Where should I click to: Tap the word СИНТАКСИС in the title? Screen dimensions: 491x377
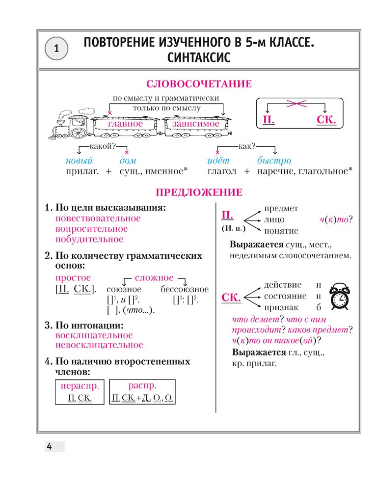[x=198, y=57]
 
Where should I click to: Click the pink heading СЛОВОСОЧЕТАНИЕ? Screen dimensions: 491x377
[x=199, y=84]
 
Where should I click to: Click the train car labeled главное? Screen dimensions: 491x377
[x=125, y=125]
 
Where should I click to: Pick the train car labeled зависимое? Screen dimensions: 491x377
[x=196, y=125]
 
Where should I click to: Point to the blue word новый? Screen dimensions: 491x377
[x=79, y=161]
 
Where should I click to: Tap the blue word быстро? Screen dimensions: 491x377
[x=274, y=161]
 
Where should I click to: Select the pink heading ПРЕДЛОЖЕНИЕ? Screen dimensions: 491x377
[x=198, y=192]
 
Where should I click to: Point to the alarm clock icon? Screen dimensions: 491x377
[x=340, y=297]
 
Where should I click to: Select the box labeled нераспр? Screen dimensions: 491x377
[x=79, y=391]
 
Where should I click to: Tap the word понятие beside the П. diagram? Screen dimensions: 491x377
[x=281, y=230]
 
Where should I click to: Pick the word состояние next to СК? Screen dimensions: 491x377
[x=285, y=296]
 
